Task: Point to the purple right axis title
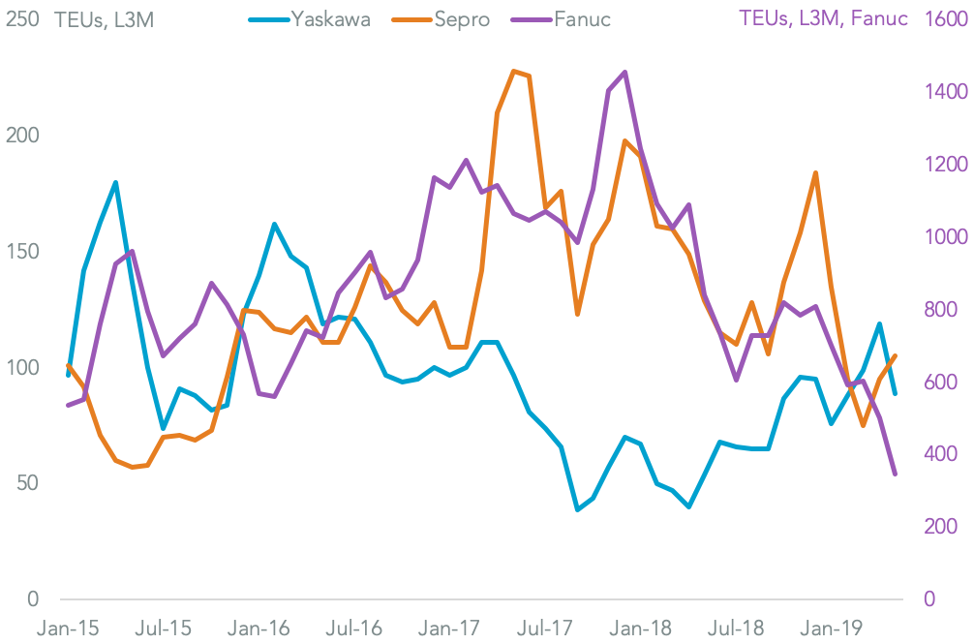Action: click(822, 19)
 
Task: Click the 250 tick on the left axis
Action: click(22, 19)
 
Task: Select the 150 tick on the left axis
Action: click(22, 252)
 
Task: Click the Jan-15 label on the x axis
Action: click(68, 628)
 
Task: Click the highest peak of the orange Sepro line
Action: click(513, 71)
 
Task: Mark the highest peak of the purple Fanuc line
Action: click(624, 72)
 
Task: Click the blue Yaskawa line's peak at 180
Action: click(115, 182)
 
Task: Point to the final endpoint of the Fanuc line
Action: click(895, 475)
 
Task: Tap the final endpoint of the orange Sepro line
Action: click(895, 355)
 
